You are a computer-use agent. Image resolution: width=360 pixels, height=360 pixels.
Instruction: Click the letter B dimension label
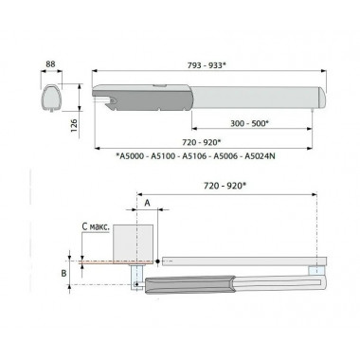point(63,271)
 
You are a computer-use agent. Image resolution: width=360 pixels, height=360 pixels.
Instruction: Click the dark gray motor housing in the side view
point(129,99)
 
